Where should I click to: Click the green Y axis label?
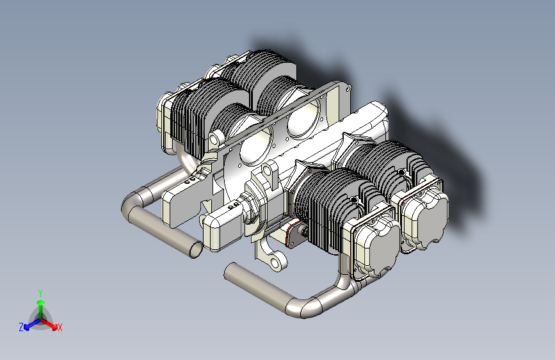click(x=40, y=293)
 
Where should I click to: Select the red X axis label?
click(x=60, y=327)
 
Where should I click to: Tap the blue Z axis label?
click(x=21, y=327)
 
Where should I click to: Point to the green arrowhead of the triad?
click(x=41, y=302)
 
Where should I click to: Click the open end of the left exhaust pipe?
click(x=196, y=249)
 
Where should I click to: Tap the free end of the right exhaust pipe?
click(x=230, y=270)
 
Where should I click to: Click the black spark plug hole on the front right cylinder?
click(x=353, y=200)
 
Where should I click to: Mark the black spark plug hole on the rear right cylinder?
click(x=401, y=172)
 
